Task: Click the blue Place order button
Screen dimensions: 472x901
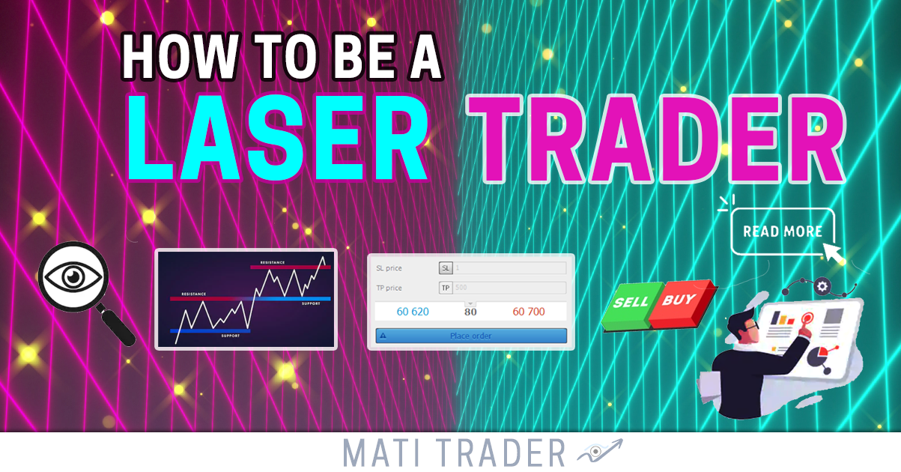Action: (x=471, y=336)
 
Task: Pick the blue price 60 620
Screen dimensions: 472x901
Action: (x=413, y=312)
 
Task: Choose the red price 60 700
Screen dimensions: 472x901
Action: (x=529, y=312)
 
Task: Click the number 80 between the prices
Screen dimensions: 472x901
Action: (x=470, y=312)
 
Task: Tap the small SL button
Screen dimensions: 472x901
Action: (x=446, y=267)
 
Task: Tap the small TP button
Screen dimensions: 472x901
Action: (x=446, y=288)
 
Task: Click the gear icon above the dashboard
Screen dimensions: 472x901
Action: (x=822, y=285)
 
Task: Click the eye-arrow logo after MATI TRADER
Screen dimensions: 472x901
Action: (x=599, y=452)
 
